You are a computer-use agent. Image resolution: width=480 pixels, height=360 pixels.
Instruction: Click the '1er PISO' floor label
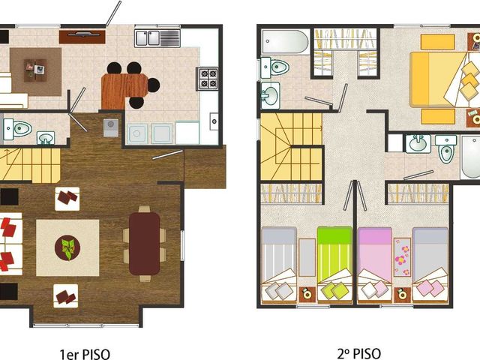tap(85, 354)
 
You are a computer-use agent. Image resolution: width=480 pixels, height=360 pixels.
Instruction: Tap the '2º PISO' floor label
tap(359, 354)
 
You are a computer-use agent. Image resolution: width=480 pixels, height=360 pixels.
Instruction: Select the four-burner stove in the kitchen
tap(208, 79)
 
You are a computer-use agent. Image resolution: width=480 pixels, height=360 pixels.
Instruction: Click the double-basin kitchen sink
tap(157, 38)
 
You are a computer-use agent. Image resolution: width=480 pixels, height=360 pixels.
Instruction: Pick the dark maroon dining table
tap(145, 244)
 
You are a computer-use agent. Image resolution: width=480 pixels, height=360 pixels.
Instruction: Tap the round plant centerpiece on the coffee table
tap(67, 248)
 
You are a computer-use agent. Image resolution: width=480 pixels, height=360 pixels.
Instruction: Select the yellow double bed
tap(445, 79)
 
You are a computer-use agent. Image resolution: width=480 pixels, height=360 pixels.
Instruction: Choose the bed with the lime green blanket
tap(335, 265)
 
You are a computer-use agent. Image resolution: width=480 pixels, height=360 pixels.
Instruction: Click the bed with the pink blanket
tap(375, 265)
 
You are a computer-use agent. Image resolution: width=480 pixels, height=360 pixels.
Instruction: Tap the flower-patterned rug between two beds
tap(402, 257)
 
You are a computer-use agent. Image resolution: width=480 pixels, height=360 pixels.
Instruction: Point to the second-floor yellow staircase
tap(292, 147)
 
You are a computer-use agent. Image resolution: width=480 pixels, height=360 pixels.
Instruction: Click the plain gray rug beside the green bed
tap(307, 257)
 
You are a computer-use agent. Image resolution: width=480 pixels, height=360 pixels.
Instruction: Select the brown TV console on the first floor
tap(82, 37)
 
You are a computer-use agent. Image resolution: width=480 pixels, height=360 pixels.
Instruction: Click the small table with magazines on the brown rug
tap(35, 70)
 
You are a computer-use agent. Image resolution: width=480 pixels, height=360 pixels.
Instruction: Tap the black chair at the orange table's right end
tap(153, 85)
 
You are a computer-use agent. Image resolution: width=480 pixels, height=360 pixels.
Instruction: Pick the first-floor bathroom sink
tap(46, 138)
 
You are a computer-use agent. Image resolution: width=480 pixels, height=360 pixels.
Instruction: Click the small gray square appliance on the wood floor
tap(111, 127)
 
